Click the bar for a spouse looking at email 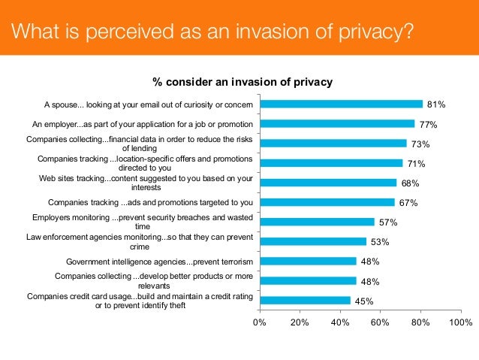tap(341, 104)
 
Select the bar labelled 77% tap(336, 124)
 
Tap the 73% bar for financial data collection tap(333, 144)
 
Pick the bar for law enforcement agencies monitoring tap(312, 241)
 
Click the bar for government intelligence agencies tap(307, 261)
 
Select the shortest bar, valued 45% tap(304, 300)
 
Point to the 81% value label tap(436, 104)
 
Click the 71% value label tap(416, 163)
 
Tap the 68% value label tap(410, 183)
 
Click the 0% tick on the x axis tap(259, 322)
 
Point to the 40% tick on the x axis tap(340, 322)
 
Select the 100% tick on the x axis tap(459, 322)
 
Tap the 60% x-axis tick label tap(381, 322)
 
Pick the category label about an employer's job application tap(143, 124)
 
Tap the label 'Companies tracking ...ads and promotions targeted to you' tap(149, 202)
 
